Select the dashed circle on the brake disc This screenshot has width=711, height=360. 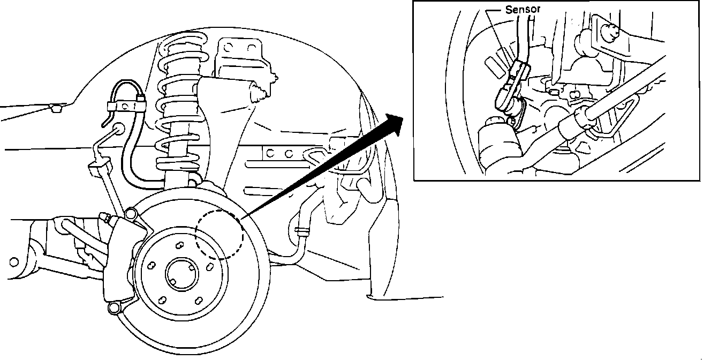click(219, 234)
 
